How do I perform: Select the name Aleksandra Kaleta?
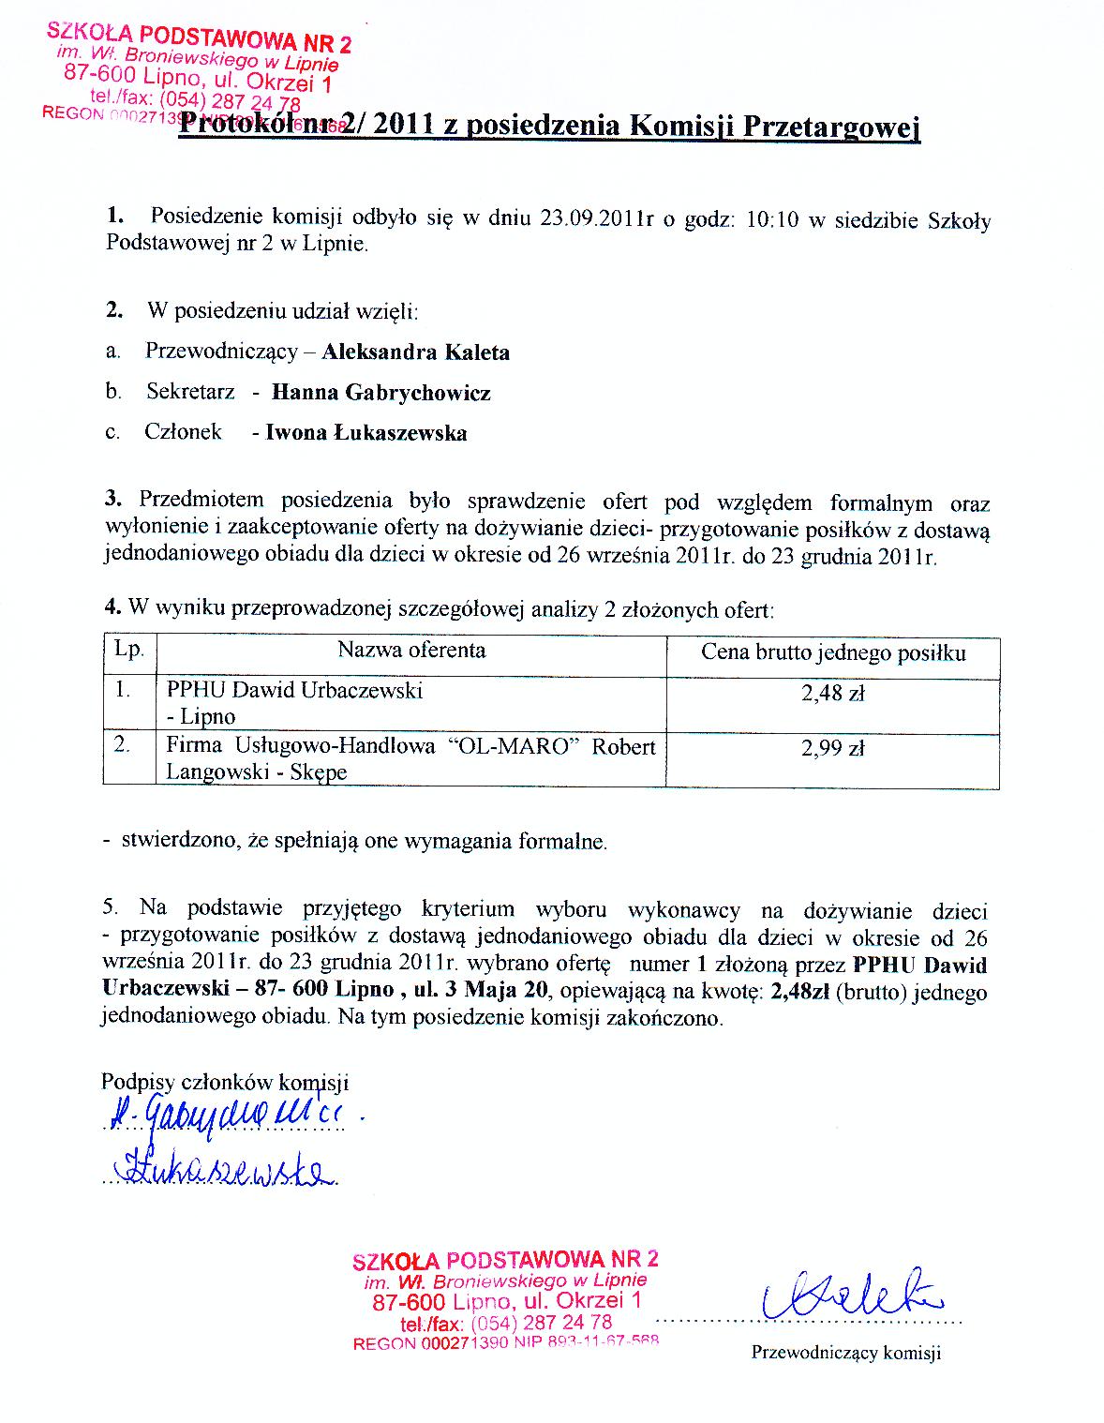click(x=416, y=352)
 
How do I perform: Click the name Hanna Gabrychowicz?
click(x=381, y=393)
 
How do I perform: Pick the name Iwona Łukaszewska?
click(x=366, y=432)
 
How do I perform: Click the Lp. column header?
click(x=128, y=650)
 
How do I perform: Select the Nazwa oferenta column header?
click(x=411, y=650)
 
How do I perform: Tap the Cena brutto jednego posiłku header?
click(x=833, y=652)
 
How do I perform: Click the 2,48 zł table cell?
click(x=832, y=694)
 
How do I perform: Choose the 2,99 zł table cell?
click(x=832, y=748)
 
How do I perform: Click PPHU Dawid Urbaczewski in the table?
click(x=294, y=691)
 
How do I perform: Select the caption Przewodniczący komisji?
click(x=845, y=1353)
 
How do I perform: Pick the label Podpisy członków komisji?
click(x=225, y=1082)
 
